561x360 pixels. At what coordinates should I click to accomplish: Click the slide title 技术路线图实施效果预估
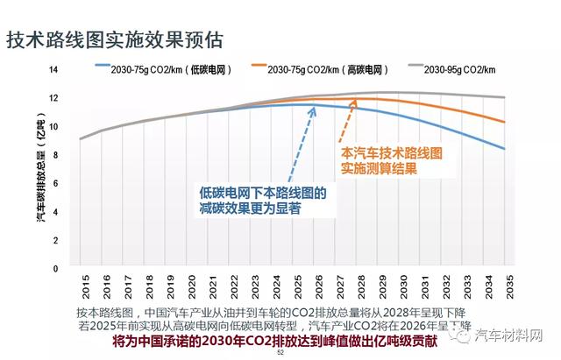[114, 40]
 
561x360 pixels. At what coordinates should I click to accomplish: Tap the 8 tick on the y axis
[55, 155]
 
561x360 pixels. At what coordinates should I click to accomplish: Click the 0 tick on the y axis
[55, 268]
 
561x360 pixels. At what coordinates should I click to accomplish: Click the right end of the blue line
[504, 149]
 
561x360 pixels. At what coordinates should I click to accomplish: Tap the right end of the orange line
[504, 122]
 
